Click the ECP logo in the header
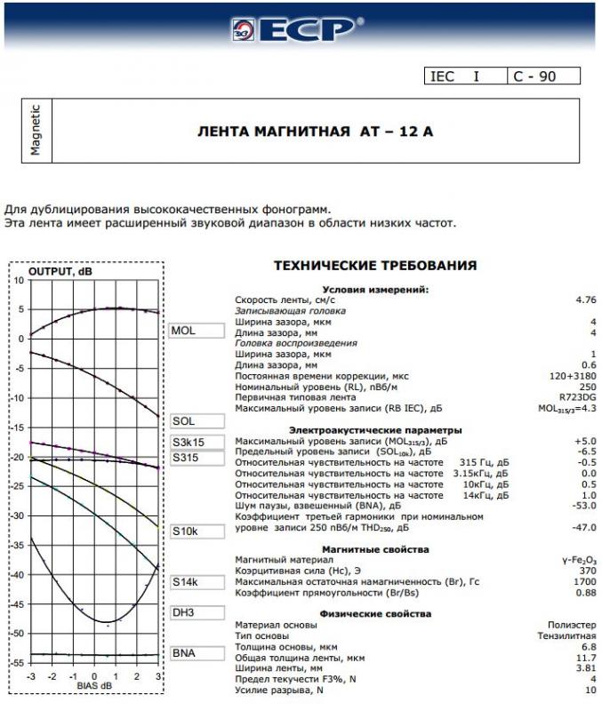pos(300,28)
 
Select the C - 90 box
pos(543,76)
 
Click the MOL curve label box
pos(195,331)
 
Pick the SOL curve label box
pos(195,420)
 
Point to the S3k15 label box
pos(195,442)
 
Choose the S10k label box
pos(195,531)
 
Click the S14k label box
pos(195,583)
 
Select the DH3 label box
pos(195,613)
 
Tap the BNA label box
pos(195,653)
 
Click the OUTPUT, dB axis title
pos(60,271)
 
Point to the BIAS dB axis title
pos(95,686)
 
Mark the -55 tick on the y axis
pos(20,663)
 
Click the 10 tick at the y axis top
pos(20,280)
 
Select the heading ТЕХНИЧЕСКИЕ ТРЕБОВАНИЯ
pos(374,266)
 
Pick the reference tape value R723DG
pos(575,397)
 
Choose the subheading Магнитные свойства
pos(375,550)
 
